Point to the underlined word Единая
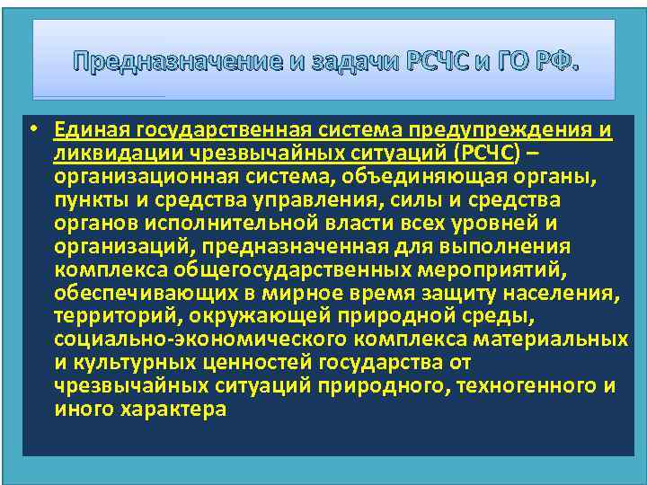pyautogui.click(x=89, y=131)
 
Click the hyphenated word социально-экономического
pyautogui.click(x=192, y=339)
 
